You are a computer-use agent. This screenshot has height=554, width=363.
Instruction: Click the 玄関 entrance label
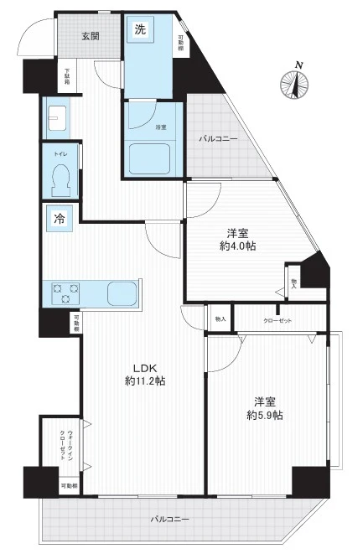pyautogui.click(x=91, y=35)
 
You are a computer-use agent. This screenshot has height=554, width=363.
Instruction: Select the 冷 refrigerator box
pyautogui.click(x=60, y=216)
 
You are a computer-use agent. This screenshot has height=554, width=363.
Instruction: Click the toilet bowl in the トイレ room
pyautogui.click(x=61, y=177)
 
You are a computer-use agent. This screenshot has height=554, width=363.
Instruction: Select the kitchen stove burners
pyautogui.click(x=66, y=293)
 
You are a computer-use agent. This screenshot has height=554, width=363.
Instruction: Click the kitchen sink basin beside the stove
pyautogui.click(x=125, y=293)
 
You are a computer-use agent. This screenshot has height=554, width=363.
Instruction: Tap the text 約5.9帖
pyautogui.click(x=264, y=414)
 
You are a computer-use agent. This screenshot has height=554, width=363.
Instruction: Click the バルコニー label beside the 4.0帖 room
pyautogui.click(x=217, y=138)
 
